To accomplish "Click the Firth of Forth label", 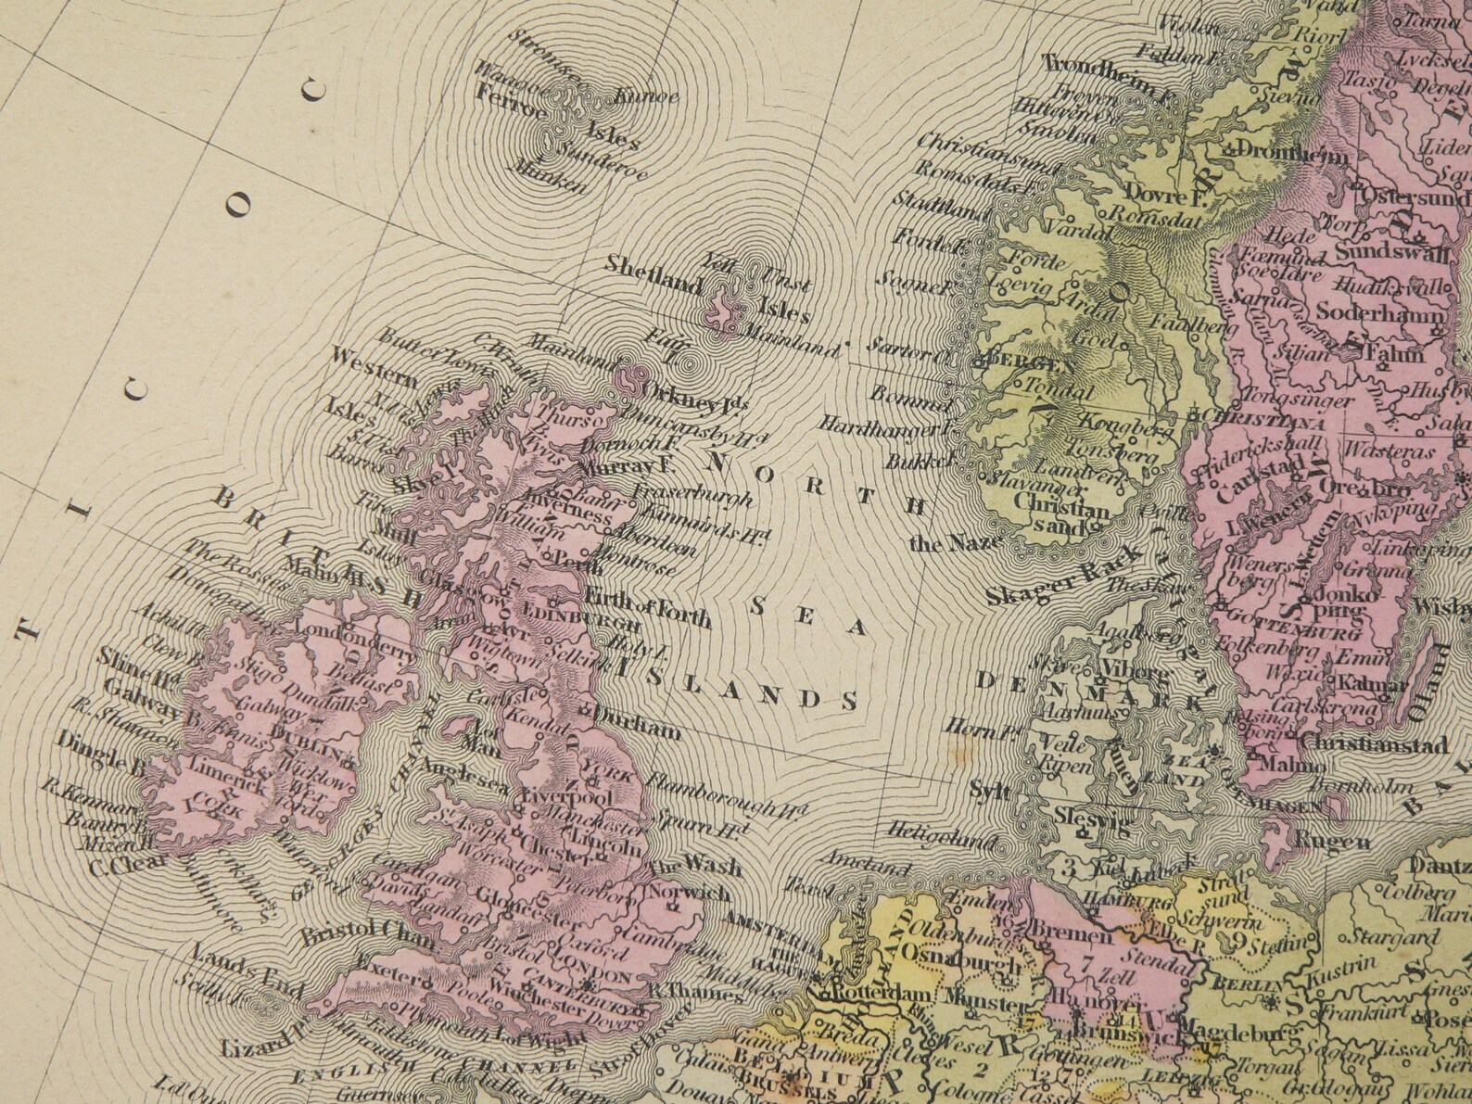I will pos(647,607).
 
